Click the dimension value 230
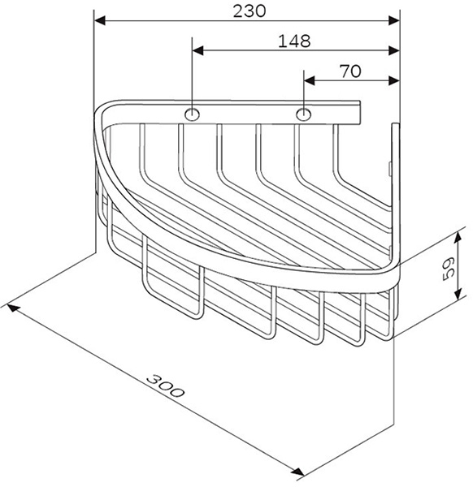(x=250, y=12)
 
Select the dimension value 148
(x=294, y=41)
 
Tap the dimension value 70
(x=350, y=71)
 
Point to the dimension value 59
(x=449, y=269)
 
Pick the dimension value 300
(x=165, y=386)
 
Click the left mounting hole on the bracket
(x=192, y=114)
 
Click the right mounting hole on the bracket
(x=303, y=114)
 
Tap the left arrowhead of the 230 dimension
(x=99, y=21)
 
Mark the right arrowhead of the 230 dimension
(x=393, y=21)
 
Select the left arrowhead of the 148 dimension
(x=197, y=50)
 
